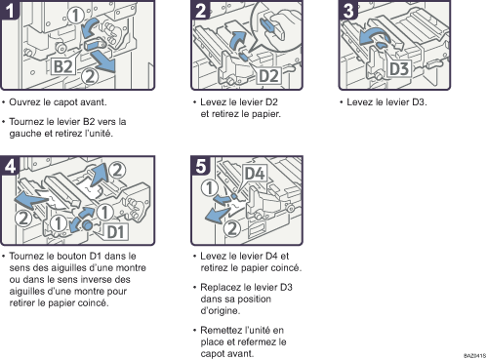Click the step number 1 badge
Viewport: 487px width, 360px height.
pyautogui.click(x=10, y=10)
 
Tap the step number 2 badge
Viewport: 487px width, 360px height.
pyautogui.click(x=201, y=10)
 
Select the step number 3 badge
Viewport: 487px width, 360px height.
pyautogui.click(x=348, y=10)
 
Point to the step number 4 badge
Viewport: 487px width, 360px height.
pyautogui.click(x=10, y=165)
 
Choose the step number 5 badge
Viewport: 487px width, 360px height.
pyautogui.click(x=201, y=165)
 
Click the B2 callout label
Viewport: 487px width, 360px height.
pyautogui.click(x=62, y=66)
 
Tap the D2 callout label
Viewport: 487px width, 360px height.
pyautogui.click(x=268, y=76)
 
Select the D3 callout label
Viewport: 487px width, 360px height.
pyautogui.click(x=399, y=68)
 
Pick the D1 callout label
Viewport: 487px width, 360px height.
pyautogui.click(x=116, y=231)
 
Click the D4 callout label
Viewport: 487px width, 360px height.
pyautogui.click(x=255, y=174)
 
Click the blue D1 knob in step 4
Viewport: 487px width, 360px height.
pyautogui.click(x=87, y=225)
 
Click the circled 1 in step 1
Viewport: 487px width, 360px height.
pyautogui.click(x=75, y=16)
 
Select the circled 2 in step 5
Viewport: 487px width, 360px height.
pyautogui.click(x=231, y=228)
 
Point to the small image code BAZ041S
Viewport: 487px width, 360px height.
pyautogui.click(x=474, y=355)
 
